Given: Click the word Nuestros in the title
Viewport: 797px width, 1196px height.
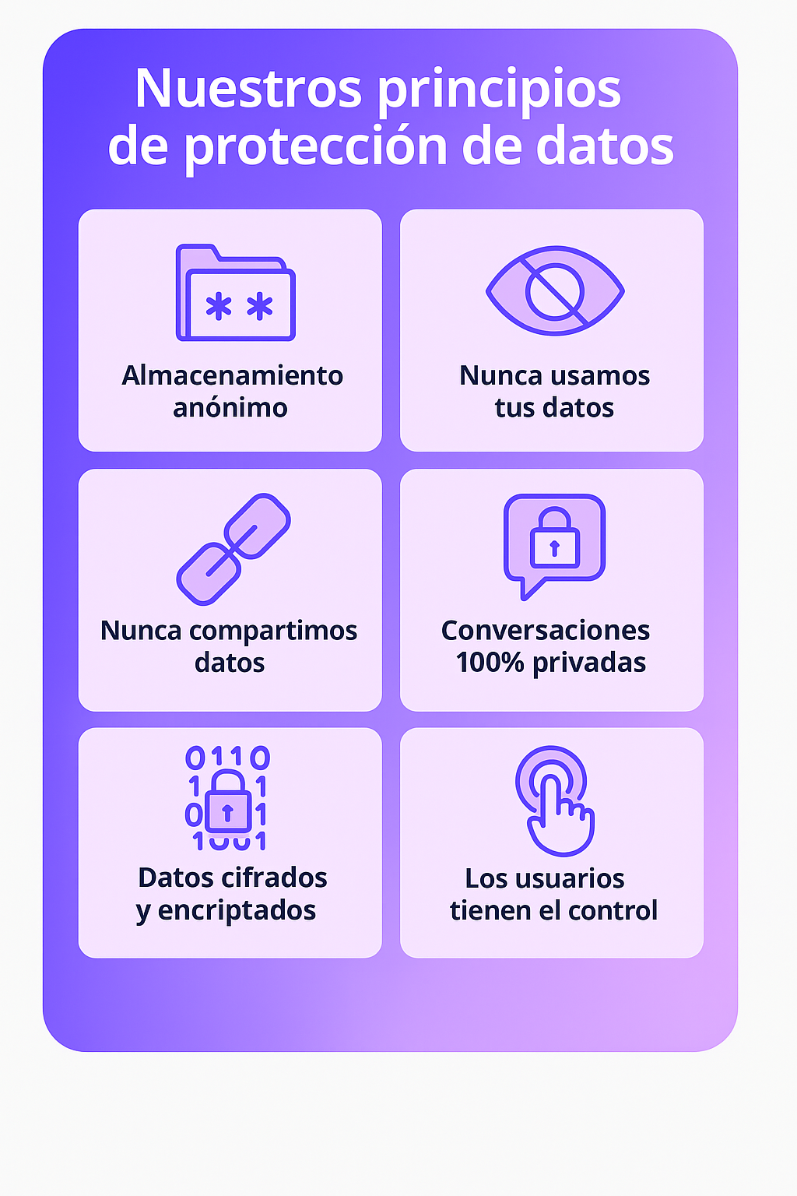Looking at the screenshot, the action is click(248, 89).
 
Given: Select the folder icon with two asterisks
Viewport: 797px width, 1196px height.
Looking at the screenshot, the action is click(235, 294).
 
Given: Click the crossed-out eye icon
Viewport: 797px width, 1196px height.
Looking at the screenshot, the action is click(555, 290).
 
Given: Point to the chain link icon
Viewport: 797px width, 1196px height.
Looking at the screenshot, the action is click(233, 549).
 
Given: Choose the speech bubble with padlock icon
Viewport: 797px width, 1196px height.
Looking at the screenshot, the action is click(553, 543).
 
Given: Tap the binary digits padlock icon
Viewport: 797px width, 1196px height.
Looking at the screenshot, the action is click(227, 798).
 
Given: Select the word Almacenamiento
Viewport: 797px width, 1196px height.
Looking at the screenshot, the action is click(232, 376).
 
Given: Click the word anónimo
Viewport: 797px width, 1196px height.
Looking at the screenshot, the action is click(230, 408).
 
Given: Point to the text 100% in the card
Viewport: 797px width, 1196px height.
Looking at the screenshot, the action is click(490, 663).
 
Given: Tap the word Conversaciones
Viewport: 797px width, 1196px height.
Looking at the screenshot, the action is click(546, 631).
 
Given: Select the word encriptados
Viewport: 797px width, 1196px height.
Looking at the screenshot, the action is click(237, 910).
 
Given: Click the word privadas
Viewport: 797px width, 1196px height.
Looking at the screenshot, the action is click(589, 663).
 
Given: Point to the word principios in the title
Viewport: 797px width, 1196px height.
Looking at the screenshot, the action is click(499, 90).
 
